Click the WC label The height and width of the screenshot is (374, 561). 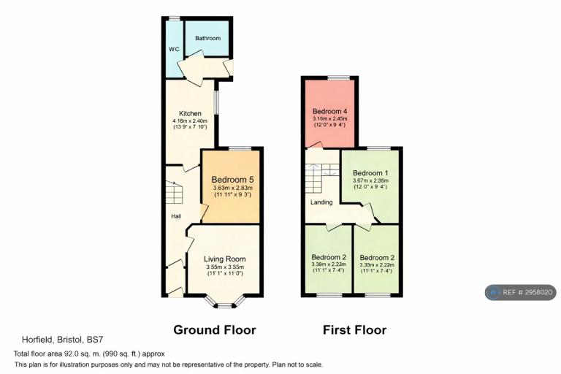[175, 50]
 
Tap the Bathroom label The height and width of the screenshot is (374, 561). [208, 38]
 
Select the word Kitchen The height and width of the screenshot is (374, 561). [190, 113]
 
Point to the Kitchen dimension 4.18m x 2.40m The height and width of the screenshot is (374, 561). [190, 121]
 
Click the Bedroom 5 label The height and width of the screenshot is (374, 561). [232, 180]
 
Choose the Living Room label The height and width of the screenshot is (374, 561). [225, 259]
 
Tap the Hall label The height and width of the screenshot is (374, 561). [176, 216]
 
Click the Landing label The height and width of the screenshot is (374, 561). [321, 202]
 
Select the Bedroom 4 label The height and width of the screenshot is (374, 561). [330, 111]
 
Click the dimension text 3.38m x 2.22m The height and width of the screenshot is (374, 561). [329, 264]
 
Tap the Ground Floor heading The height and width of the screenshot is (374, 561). [215, 329]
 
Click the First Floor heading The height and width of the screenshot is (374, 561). [354, 329]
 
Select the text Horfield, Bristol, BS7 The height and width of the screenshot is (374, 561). [63, 339]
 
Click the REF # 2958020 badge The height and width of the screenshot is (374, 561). [521, 292]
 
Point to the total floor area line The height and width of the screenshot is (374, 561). [89, 354]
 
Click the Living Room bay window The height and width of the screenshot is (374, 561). [225, 302]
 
